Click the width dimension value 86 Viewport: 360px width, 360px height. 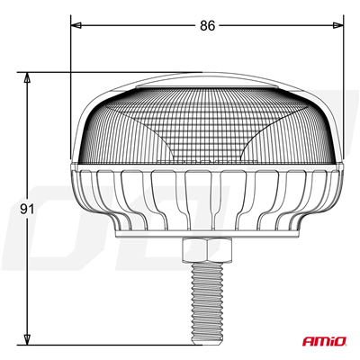(x=207, y=26)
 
